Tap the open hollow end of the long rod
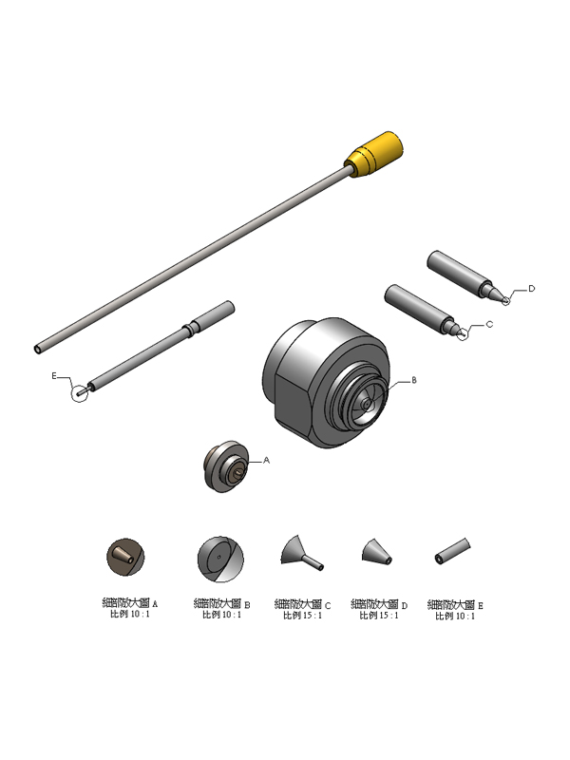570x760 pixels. [x=37, y=349]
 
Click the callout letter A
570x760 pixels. [x=266, y=460]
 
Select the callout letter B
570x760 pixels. [x=414, y=380]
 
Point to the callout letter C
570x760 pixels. [x=489, y=324]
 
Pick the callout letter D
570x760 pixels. [x=531, y=288]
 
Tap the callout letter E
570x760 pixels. [x=55, y=377]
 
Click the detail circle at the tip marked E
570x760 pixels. [x=84, y=389]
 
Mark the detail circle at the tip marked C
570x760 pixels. [x=463, y=333]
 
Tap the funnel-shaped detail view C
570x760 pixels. [x=301, y=552]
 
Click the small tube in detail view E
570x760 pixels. [x=454, y=552]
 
